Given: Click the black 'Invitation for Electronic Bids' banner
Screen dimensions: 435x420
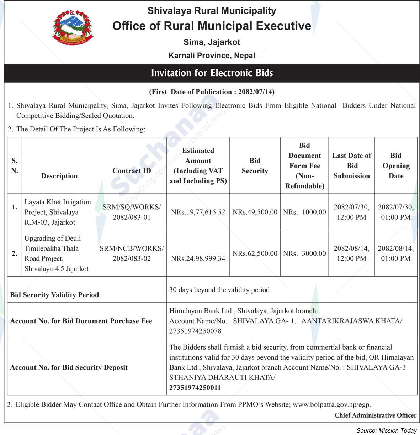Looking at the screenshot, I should pos(212,73).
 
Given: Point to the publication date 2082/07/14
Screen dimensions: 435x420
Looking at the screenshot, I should pos(256,92).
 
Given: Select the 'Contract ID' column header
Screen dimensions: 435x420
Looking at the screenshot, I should pos(132,171).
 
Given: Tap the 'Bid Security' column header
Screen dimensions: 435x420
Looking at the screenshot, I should pos(255,166).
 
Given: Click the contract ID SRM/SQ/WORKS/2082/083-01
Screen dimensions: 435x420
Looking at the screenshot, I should pos(132,212).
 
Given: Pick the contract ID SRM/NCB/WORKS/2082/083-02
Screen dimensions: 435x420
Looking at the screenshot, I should pos(132,253).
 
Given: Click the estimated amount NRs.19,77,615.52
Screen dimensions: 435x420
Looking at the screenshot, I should pos(198,212).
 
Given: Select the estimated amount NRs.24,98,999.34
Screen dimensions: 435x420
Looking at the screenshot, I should pos(198,258).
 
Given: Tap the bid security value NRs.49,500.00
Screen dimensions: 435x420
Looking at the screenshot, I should pos(255,212).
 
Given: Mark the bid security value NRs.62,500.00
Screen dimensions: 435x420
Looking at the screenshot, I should pos(255,253).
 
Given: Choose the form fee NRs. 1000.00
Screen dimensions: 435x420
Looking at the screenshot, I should pos(304,212).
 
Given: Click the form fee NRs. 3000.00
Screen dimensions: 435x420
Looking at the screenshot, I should pos(304,253).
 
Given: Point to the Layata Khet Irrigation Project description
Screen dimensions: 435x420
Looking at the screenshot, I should pos(58,212).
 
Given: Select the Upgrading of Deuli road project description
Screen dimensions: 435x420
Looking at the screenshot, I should pos(57,253).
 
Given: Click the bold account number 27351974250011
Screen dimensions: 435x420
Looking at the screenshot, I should pos(195,388).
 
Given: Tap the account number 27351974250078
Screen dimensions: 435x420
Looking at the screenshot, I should pos(195,331).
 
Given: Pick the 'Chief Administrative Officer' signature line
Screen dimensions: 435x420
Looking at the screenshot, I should pos(375,415).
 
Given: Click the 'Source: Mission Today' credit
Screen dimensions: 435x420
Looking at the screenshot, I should pos(386,431).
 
